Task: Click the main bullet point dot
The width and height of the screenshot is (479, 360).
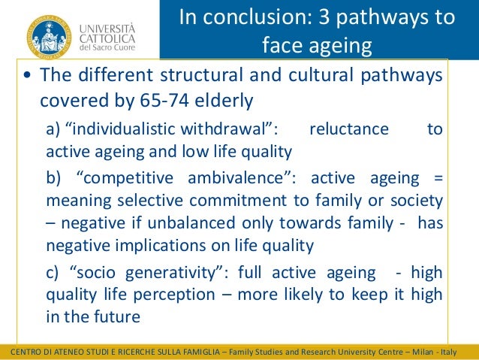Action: point(27,77)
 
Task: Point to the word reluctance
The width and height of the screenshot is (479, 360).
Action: point(348,129)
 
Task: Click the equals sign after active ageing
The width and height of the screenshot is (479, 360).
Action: point(438,178)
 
